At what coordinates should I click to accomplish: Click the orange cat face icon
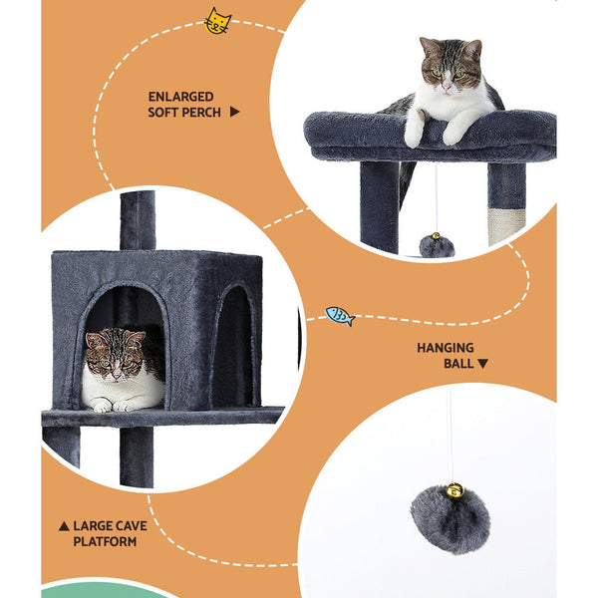click(216, 21)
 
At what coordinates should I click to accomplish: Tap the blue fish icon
click(340, 316)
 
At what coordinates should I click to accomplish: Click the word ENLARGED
click(180, 97)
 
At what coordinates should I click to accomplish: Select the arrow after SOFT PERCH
click(235, 113)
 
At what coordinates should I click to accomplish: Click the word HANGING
click(446, 348)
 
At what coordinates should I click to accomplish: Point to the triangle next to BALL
click(483, 364)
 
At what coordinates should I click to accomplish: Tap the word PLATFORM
click(105, 541)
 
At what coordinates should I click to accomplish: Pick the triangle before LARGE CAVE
click(64, 525)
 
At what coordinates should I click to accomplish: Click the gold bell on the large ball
click(454, 490)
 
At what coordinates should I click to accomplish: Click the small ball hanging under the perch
click(437, 245)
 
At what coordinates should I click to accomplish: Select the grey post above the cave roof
click(138, 219)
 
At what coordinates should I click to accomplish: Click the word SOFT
click(164, 113)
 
